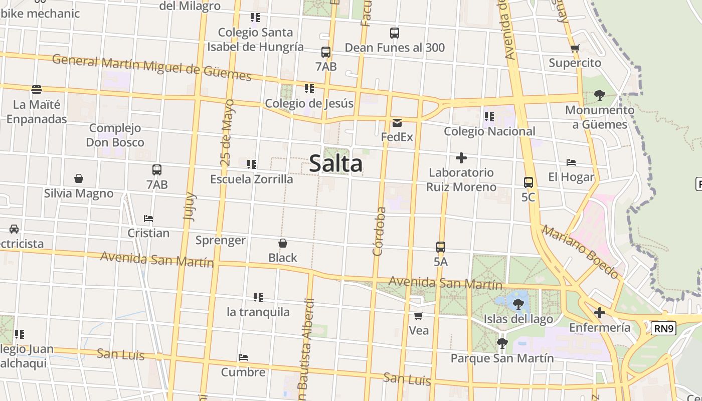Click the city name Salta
(335, 163)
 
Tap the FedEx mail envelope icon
(397, 123)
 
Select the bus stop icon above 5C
(528, 182)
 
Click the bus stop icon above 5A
(440, 247)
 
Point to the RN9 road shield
(663, 329)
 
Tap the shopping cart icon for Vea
(419, 316)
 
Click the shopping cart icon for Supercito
(575, 49)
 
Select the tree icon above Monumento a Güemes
(599, 95)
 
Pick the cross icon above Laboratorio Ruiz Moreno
(461, 158)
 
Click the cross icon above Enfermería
(599, 313)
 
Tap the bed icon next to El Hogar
(571, 162)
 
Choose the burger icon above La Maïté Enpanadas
(37, 90)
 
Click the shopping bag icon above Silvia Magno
(79, 178)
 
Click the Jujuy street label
(190, 206)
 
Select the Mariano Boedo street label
(580, 252)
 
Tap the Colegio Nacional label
(489, 131)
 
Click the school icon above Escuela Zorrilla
(252, 164)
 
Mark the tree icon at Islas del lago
(518, 303)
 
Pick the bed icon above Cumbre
(243, 357)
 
